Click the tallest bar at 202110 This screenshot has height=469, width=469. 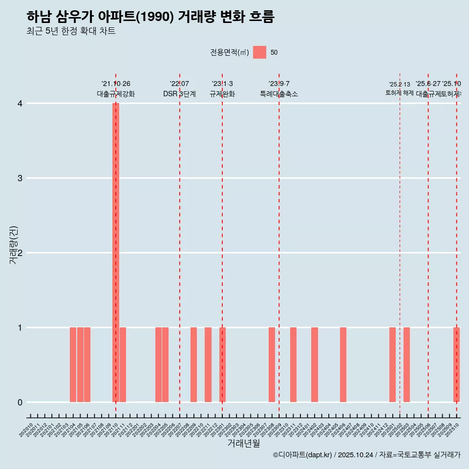click(116, 252)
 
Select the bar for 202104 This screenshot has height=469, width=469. click(73, 364)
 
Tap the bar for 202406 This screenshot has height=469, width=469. click(343, 364)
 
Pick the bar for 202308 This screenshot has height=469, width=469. click(272, 364)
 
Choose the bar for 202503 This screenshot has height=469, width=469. click(406, 364)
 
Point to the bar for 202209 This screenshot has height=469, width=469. click(193, 364)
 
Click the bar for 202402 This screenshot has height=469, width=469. click(315, 364)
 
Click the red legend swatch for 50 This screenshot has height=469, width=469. click(259, 52)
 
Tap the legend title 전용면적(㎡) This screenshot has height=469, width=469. click(229, 53)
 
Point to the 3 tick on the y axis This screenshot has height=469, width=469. click(20, 178)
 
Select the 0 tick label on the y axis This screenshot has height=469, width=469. click(20, 402)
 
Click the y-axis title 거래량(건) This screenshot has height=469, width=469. click(13, 245)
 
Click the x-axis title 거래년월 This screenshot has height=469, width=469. click(243, 443)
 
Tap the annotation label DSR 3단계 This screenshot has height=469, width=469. click(179, 94)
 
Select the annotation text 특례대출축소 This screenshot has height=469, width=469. click(278, 94)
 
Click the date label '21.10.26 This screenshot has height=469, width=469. click(116, 84)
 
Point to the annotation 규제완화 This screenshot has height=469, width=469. click(222, 94)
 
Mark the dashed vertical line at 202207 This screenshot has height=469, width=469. click(180, 244)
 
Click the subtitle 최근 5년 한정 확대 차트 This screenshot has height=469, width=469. click(71, 31)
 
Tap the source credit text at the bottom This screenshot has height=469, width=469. click(366, 455)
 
